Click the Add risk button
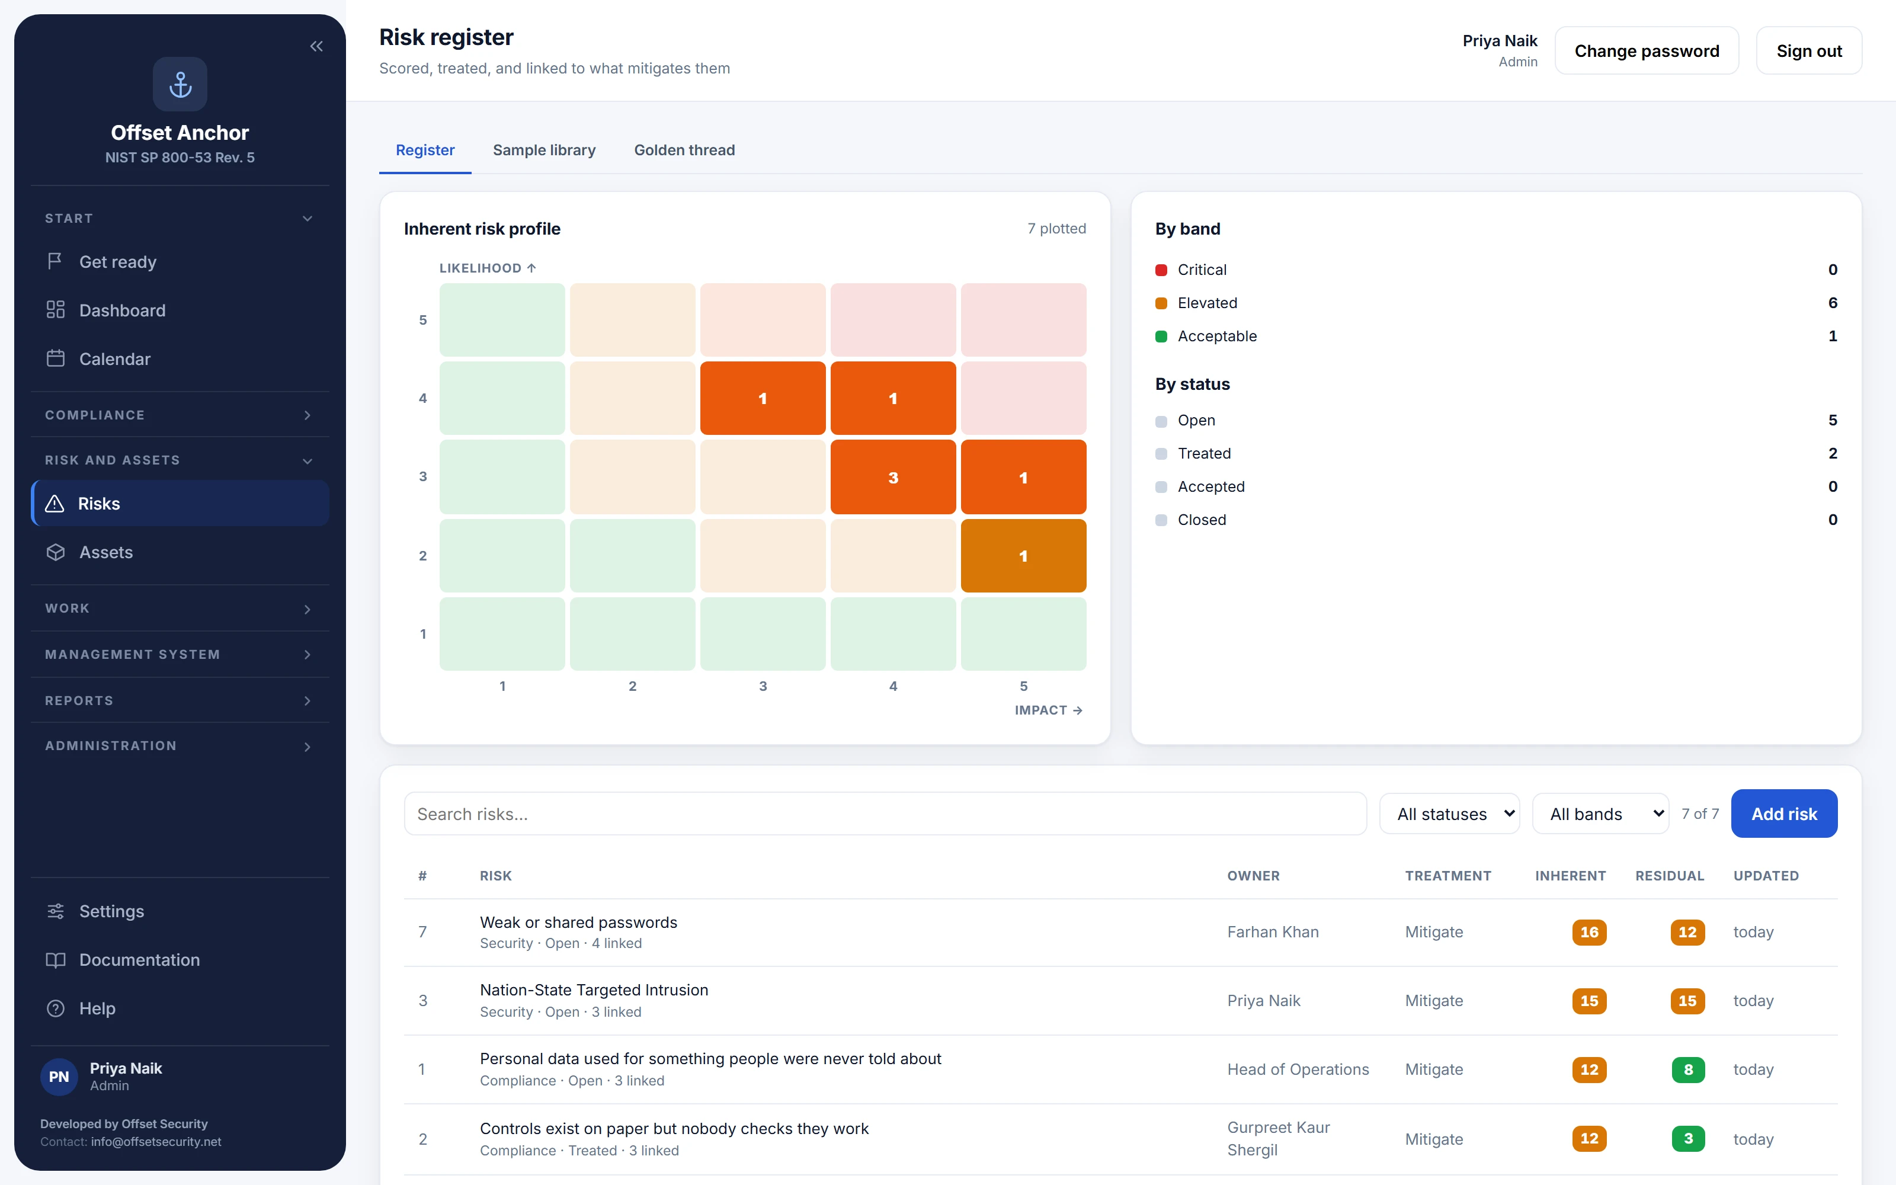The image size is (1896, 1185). click(1783, 814)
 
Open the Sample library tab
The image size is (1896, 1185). click(544, 150)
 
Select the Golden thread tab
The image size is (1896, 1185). click(684, 150)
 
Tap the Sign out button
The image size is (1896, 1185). click(1808, 51)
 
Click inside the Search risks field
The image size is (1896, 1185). click(885, 814)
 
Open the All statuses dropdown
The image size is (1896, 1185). click(1449, 814)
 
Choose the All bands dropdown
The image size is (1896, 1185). click(1600, 814)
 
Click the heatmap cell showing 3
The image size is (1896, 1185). click(893, 478)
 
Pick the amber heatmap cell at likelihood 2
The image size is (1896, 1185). click(1023, 556)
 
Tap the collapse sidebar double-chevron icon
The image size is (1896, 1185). click(316, 46)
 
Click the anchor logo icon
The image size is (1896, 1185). click(180, 84)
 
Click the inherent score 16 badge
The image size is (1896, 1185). click(1589, 932)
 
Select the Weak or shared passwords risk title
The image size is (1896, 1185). click(578, 922)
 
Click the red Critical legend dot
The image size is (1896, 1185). click(1161, 270)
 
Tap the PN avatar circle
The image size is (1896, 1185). click(59, 1076)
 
